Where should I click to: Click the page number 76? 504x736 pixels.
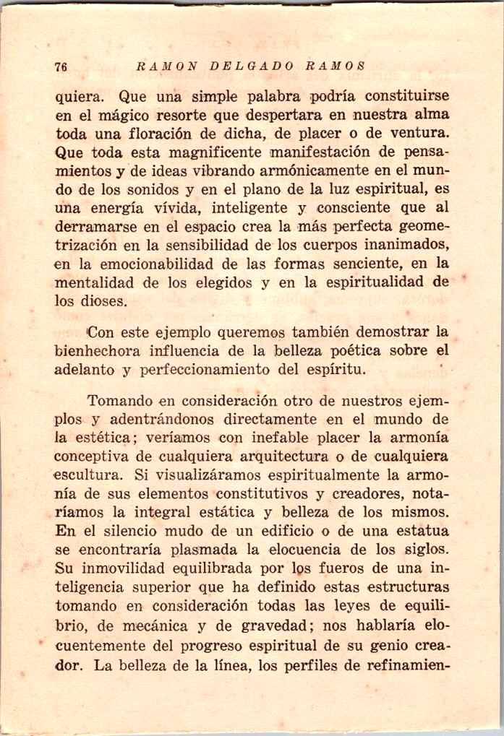(61, 66)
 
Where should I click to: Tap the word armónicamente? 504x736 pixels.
(320, 172)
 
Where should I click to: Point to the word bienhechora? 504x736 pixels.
(99, 352)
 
